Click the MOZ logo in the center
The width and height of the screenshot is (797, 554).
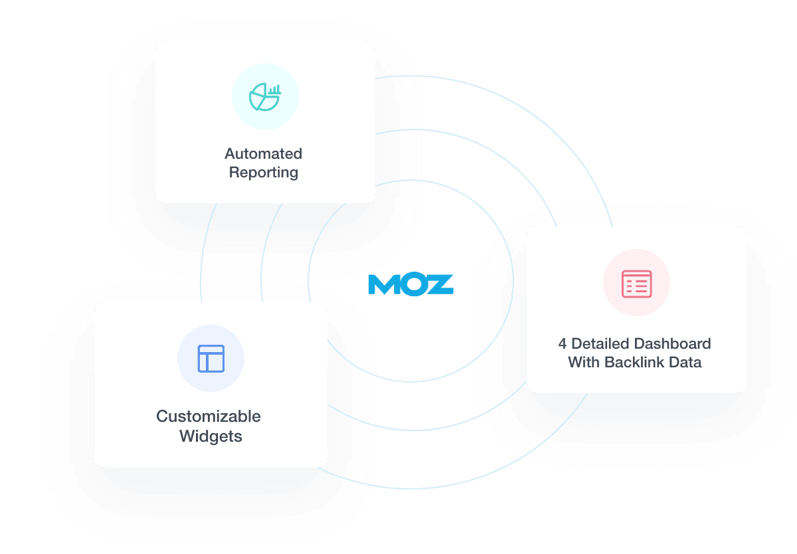410,284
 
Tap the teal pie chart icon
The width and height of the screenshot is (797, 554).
264,97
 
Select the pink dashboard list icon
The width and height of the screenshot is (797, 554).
636,283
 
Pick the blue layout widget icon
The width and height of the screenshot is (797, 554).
211,359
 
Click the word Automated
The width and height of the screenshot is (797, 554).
263,154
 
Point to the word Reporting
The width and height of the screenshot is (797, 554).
263,173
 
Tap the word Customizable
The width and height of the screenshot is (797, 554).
208,416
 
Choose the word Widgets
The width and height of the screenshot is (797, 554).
211,436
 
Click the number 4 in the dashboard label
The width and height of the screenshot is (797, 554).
562,344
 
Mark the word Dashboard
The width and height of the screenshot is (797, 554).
671,344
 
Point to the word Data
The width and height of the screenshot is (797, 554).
685,363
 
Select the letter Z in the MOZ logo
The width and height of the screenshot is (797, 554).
440,284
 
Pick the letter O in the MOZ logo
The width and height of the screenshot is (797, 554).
412,284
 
